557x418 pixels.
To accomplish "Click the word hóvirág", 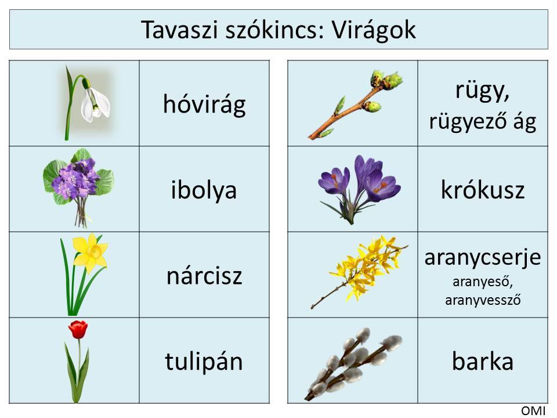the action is pos(204,104).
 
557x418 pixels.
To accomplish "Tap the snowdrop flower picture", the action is pos(88,103).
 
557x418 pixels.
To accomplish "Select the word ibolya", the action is pos(204,190).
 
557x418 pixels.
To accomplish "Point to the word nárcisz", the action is pos(204,276).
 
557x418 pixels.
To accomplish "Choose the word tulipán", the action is pos(204,361).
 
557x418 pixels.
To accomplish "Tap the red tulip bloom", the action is pos(78,329).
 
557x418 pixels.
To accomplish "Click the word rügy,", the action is pos(482,91).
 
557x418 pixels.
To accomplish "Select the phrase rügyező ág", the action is pos(482,121).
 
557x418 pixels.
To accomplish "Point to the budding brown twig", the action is pos(355,105).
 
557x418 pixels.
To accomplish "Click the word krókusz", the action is pos(482,190).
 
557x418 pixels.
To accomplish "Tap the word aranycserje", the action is pos(482,258).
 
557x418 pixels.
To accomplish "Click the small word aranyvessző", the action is pos(483,300).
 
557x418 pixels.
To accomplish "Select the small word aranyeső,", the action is pos(482,282).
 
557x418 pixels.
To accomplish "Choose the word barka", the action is pos(482,361).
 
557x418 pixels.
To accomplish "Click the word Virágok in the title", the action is pos(374,30).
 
